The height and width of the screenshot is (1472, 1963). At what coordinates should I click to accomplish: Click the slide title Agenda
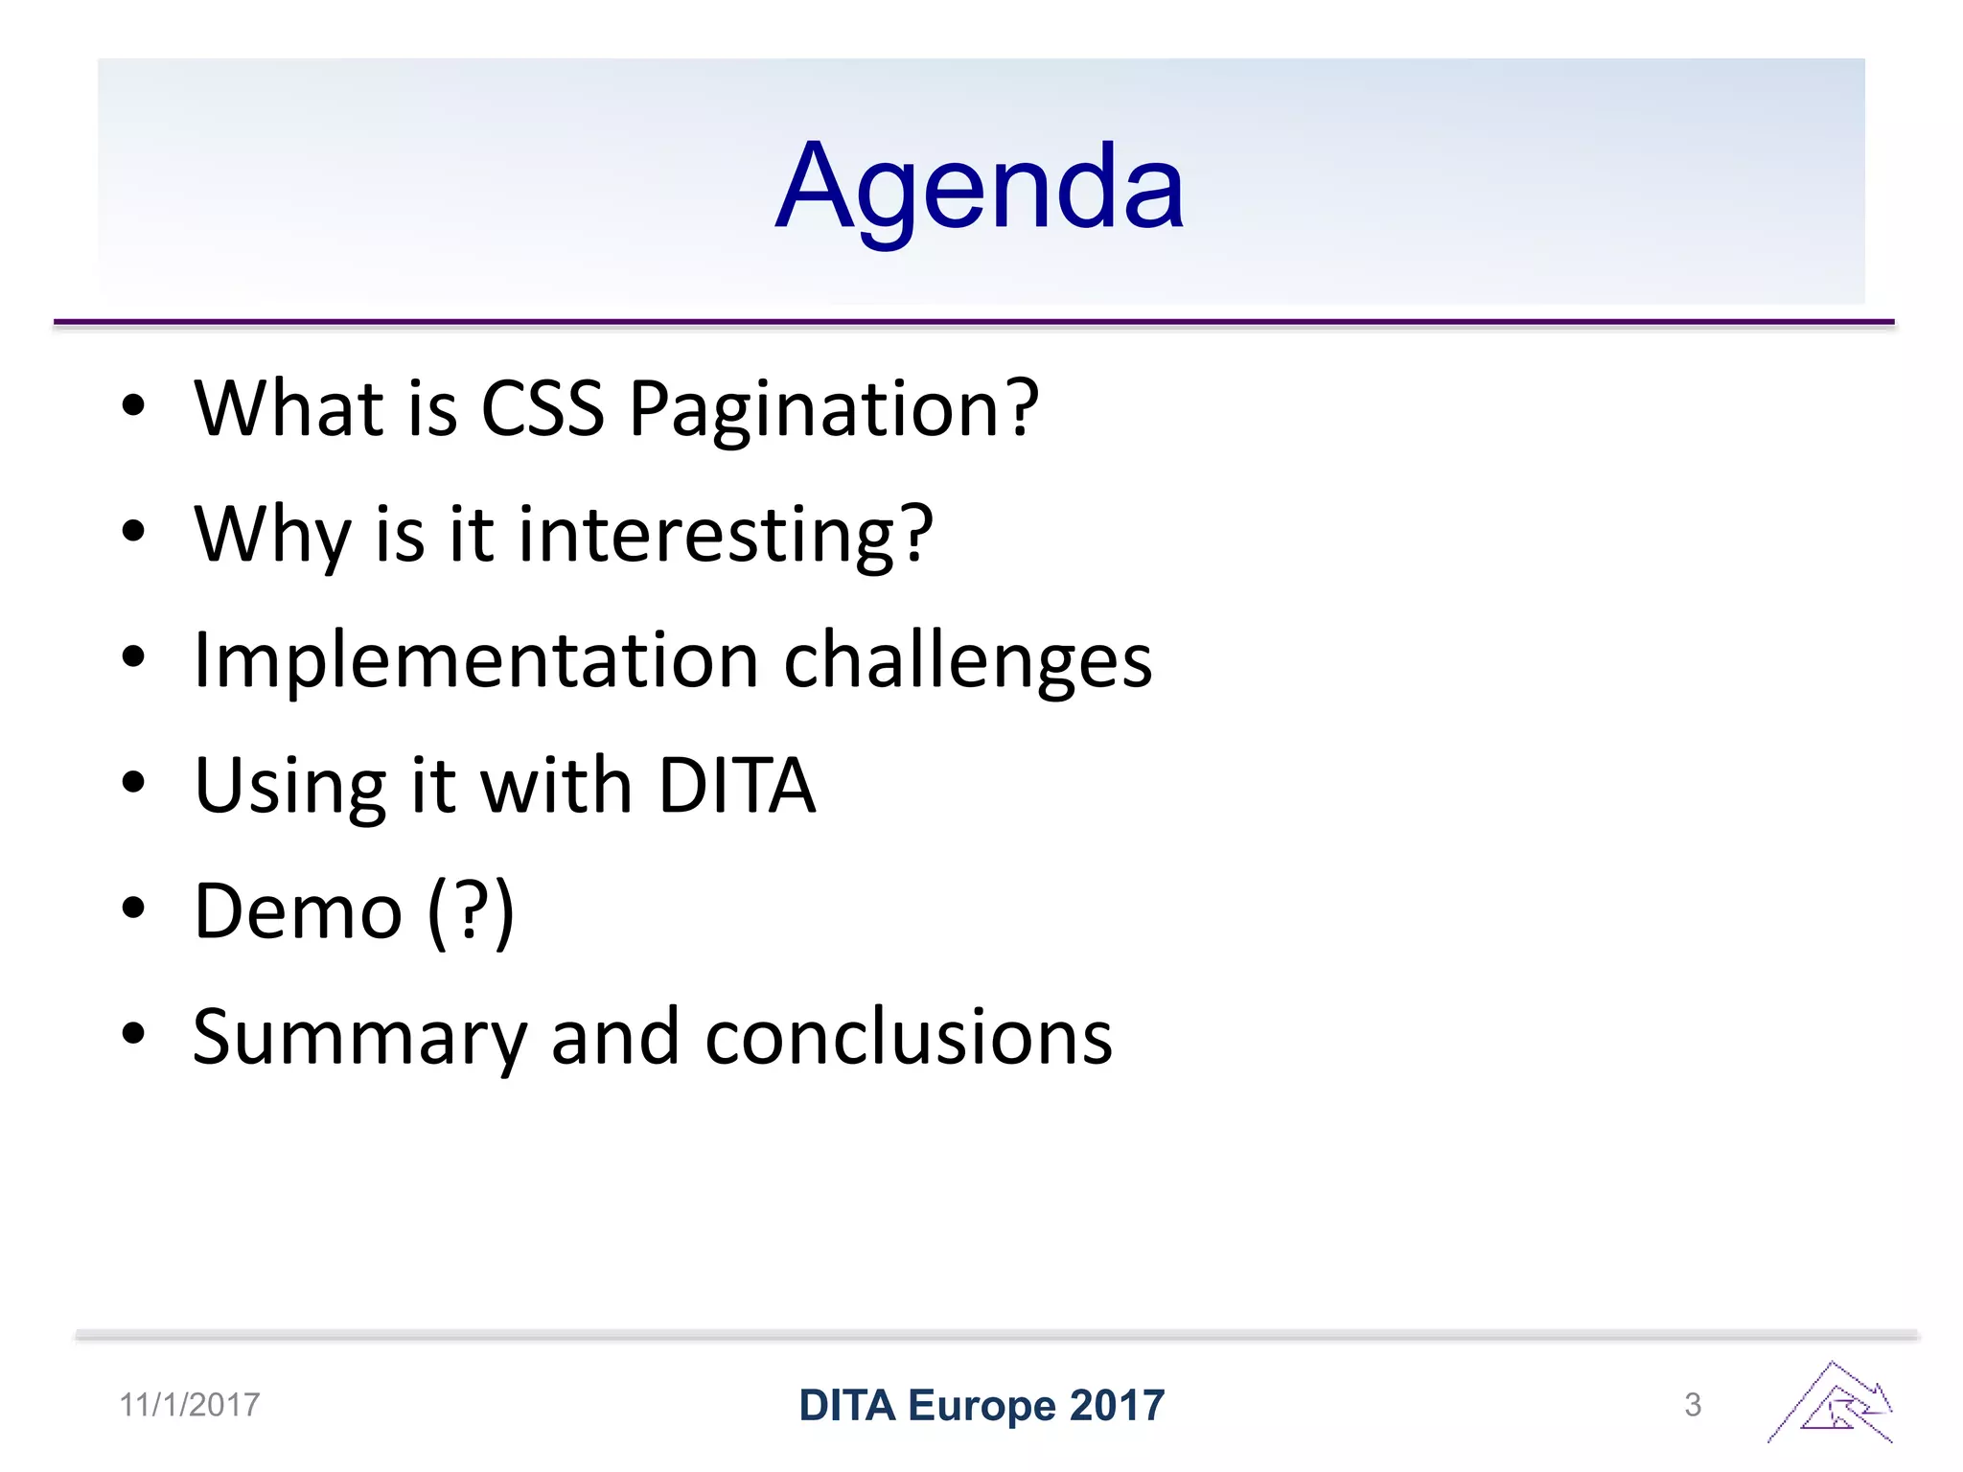[980, 187]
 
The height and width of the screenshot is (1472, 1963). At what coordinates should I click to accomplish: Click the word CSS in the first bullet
[542, 408]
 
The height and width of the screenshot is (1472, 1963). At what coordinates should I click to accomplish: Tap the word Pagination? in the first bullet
[833, 410]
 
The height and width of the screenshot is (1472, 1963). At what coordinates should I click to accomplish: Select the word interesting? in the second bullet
[726, 535]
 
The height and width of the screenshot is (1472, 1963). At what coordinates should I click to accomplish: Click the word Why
[273, 535]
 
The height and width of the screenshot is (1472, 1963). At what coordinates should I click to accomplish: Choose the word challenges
[967, 661]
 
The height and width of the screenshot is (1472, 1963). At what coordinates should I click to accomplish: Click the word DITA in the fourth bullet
[736, 786]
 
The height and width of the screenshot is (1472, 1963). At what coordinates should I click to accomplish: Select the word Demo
[298, 911]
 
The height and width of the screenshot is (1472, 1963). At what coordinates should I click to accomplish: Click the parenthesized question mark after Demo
[471, 912]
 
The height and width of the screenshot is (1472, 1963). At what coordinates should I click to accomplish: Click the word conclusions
[908, 1037]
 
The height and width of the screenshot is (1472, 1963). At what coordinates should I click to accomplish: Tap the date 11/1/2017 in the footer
[190, 1405]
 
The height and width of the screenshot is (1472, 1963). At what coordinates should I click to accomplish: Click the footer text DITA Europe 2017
[981, 1405]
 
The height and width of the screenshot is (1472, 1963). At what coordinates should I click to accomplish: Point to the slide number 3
[1693, 1405]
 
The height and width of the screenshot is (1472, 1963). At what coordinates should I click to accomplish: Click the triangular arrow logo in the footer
[1831, 1403]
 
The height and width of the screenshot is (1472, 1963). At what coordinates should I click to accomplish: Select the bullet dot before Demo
[133, 908]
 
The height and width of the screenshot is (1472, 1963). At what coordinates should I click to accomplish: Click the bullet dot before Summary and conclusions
[133, 1034]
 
